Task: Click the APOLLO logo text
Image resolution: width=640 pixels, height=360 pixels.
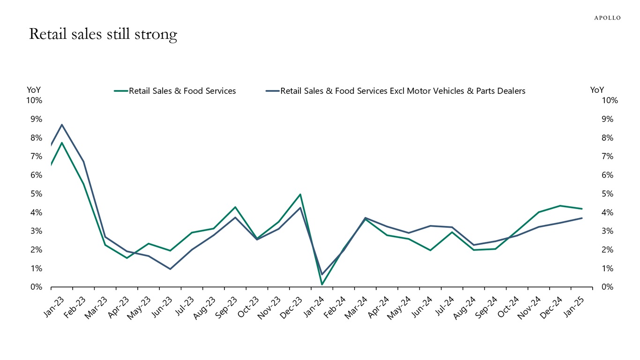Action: click(x=607, y=18)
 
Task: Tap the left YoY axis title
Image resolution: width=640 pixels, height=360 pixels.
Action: click(x=34, y=90)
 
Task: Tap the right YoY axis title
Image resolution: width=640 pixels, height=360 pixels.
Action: click(x=597, y=90)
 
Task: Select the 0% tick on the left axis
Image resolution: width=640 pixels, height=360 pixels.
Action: click(x=37, y=287)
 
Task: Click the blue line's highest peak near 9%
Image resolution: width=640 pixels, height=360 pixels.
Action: click(x=62, y=125)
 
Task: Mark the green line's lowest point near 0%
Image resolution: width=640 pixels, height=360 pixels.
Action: click(x=322, y=284)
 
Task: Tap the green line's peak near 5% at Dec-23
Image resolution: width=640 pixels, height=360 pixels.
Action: click(x=300, y=194)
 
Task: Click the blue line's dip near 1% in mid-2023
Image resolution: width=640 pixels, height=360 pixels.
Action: click(x=170, y=269)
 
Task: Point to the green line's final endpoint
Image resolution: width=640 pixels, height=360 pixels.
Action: click(x=581, y=209)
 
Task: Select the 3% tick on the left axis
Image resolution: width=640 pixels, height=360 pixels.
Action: click(x=37, y=231)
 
